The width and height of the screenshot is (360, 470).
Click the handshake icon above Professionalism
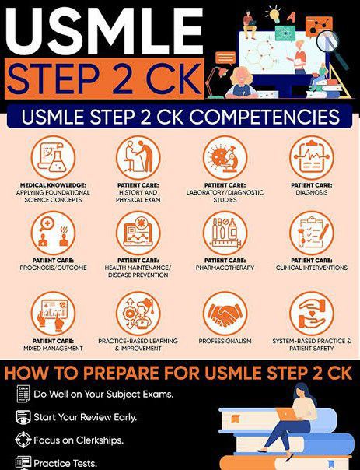coord(225,314)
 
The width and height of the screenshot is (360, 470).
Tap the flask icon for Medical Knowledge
coord(53,158)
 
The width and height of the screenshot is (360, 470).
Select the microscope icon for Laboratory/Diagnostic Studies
coord(225,158)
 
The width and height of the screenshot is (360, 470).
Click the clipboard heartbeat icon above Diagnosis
coord(312,158)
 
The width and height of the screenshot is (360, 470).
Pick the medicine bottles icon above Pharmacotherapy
coord(225,233)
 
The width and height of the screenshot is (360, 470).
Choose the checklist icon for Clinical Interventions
coord(312,233)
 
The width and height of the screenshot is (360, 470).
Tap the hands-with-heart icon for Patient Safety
coord(312,314)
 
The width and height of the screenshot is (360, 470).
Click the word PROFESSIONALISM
coord(225,341)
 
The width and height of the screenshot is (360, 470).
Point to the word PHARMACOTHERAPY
coord(225,268)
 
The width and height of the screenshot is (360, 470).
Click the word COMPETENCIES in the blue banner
coord(265,117)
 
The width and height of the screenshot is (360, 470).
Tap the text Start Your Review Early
coord(85,417)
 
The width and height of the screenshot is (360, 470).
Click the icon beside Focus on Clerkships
coord(23,440)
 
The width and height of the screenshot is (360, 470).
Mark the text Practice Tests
coord(65,463)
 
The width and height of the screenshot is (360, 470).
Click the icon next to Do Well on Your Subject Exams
coord(23,394)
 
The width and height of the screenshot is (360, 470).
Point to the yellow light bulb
coord(274,15)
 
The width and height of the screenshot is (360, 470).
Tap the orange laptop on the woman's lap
coord(286,414)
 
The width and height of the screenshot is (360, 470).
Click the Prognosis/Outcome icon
coord(53,233)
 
